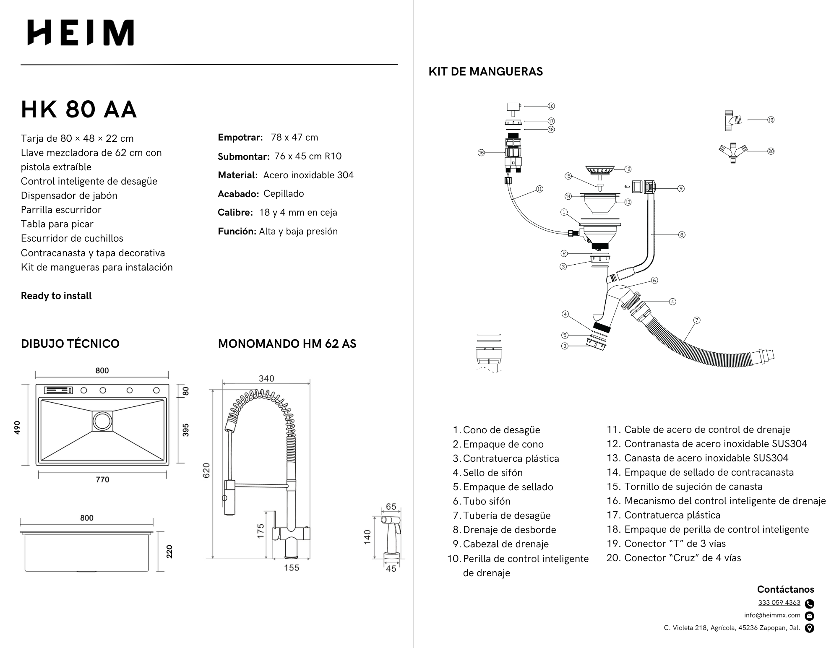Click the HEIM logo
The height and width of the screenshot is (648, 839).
81,33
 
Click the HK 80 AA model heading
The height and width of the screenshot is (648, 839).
79,109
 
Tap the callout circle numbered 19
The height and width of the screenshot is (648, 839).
771,120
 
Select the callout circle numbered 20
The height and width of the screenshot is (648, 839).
771,151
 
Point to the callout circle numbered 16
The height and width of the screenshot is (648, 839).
481,153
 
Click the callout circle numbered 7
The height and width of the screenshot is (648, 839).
697,320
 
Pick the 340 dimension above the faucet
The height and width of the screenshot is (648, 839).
266,379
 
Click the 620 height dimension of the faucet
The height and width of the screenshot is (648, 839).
206,471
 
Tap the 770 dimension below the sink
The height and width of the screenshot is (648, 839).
102,479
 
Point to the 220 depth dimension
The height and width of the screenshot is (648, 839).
169,552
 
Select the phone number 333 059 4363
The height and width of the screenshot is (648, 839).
779,603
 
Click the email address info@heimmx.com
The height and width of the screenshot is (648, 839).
772,615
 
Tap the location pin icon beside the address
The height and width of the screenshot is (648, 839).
810,628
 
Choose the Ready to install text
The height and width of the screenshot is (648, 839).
56,296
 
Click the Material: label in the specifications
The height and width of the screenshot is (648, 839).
237,175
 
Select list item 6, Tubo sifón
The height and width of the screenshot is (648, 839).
487,501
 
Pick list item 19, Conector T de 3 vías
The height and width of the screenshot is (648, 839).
675,544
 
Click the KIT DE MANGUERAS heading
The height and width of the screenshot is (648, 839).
485,72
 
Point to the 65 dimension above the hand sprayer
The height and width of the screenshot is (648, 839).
391,507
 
